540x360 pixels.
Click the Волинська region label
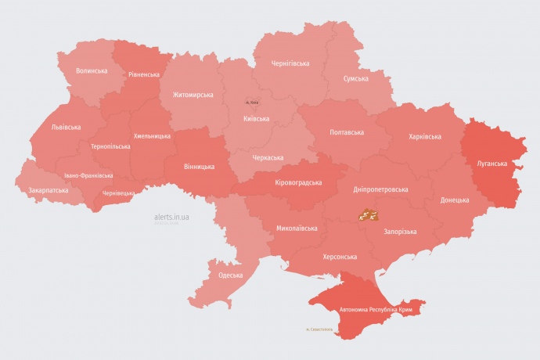92,70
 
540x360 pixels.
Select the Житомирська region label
193,95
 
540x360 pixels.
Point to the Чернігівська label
290,63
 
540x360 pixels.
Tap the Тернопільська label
110,146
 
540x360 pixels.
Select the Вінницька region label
199,167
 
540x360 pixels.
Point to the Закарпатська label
48,190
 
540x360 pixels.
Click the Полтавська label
347,131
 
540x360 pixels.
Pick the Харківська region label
424,136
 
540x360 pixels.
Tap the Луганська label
491,164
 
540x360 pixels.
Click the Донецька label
455,200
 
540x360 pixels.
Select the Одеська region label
230,275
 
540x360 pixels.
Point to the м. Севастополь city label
319,329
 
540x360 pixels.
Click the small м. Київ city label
252,103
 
